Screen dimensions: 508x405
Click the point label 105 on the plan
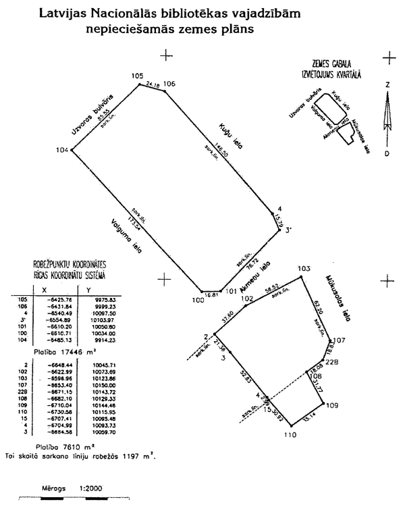[138, 76]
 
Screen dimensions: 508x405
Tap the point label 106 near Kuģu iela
[169, 83]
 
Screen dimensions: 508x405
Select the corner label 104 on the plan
[63, 149]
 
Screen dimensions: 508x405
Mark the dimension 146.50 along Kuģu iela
[215, 152]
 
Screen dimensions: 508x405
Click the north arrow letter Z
[387, 86]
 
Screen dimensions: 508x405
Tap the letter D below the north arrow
[387, 154]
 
